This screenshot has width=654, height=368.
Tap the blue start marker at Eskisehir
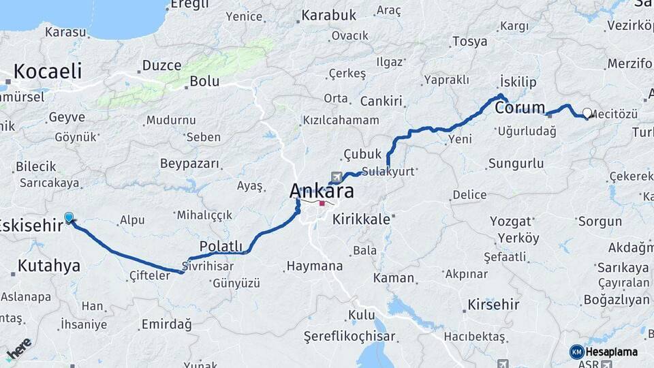tap(68, 217)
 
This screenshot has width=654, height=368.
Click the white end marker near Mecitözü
tap(587, 113)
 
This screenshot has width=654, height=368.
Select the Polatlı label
tap(221, 245)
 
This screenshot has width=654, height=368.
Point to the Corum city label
tap(520, 108)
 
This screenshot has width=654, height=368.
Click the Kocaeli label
tap(47, 71)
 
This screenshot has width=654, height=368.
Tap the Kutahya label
tap(50, 265)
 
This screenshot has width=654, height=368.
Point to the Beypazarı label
tap(190, 164)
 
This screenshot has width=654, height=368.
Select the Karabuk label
tap(329, 14)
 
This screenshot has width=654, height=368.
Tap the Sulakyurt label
tap(388, 172)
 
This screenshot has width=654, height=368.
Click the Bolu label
tap(204, 81)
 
